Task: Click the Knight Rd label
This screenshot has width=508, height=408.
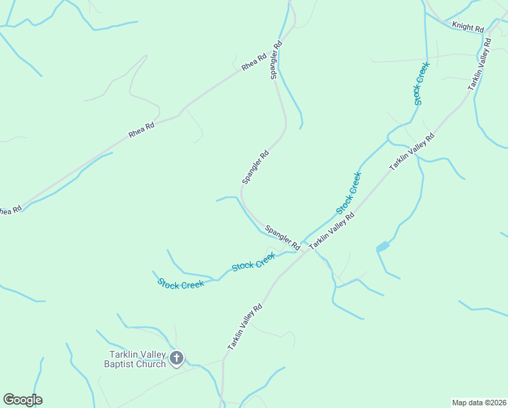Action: tap(468, 28)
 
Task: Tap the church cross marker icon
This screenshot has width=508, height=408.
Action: tap(177, 358)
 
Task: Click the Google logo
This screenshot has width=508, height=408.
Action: tap(22, 400)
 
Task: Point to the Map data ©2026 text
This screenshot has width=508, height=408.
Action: tap(479, 402)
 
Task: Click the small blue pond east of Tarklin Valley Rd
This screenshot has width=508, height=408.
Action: tap(382, 246)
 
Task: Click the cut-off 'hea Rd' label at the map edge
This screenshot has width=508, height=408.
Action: tap(10, 211)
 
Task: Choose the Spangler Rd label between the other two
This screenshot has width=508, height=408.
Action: tap(255, 167)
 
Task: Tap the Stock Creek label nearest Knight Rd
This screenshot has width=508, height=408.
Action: tap(418, 82)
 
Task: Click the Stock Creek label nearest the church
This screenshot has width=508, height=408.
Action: tap(181, 284)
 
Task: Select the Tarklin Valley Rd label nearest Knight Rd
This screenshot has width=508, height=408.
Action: tap(479, 65)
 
